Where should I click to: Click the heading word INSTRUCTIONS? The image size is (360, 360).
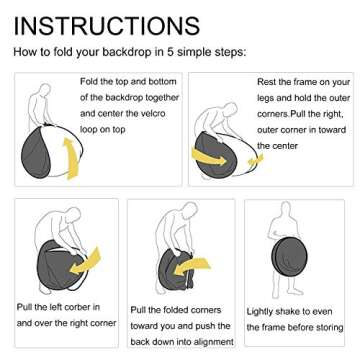tap(107, 26)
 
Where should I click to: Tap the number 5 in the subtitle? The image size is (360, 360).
tap(171, 52)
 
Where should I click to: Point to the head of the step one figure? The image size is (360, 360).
tap(45, 89)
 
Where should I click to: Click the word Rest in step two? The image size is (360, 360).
tap(267, 82)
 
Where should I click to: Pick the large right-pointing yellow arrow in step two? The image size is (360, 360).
tap(209, 158)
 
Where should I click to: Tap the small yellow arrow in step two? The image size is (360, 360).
tap(255, 160)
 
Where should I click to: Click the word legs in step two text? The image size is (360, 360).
tap(266, 99)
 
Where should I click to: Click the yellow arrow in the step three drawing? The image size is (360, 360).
tap(85, 261)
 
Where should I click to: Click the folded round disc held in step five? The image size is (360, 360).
tap(289, 255)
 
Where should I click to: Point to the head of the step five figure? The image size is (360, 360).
tap(286, 208)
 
